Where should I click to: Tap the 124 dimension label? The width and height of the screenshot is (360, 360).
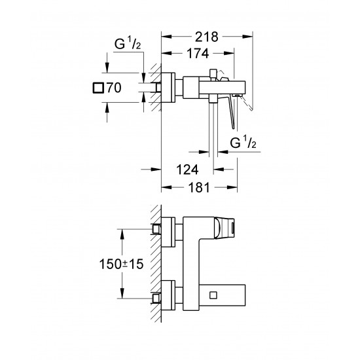click(188, 169)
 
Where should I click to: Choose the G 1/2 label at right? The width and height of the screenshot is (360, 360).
click(245, 143)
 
